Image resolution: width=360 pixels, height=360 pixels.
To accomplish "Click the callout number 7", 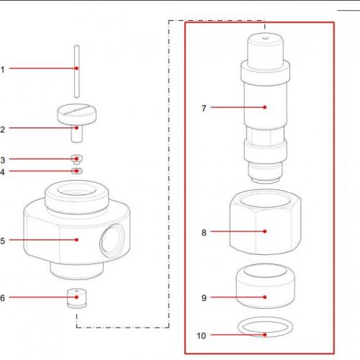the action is click(204, 108).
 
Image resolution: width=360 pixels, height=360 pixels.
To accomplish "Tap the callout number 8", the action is click(204, 233).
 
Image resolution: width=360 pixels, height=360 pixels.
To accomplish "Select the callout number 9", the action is click(204, 298).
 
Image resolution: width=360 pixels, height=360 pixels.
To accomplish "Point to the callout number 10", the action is click(202, 336).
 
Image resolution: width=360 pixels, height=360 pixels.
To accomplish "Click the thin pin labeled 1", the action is click(76, 71).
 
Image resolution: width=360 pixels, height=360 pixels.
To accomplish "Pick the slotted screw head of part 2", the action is click(77, 114).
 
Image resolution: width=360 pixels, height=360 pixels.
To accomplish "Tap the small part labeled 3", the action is click(77, 159).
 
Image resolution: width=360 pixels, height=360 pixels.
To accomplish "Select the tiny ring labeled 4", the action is click(77, 171).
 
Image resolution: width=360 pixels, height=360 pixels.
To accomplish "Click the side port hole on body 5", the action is click(112, 240).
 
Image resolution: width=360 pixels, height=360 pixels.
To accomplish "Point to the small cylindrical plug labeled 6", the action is click(76, 298).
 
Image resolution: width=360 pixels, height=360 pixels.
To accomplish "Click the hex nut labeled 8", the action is click(265, 222).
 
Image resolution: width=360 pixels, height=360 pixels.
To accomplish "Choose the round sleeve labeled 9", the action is click(265, 286).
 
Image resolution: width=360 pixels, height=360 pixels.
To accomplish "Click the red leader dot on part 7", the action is click(265, 107).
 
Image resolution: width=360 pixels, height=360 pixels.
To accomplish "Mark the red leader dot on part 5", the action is click(76, 240).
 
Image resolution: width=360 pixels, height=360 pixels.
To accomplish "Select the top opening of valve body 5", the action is click(77, 189).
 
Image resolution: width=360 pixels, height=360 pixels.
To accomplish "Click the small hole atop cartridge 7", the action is click(265, 37).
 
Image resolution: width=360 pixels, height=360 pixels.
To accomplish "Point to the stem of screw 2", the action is click(77, 134).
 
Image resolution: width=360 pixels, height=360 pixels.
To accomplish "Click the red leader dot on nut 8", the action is click(265, 231).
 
